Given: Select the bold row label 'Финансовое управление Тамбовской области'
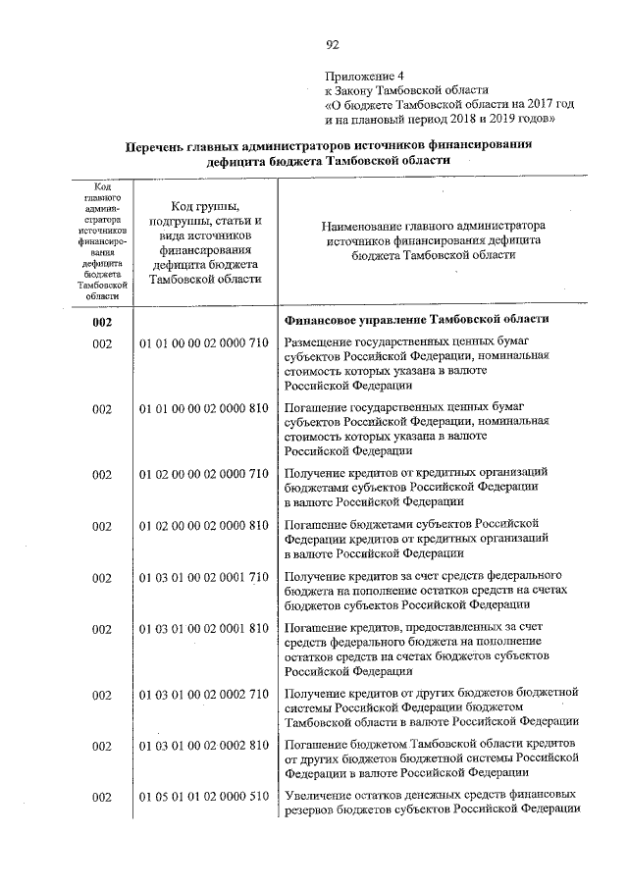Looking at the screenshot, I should (x=416, y=320).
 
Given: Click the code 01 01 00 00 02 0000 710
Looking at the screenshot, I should (x=203, y=343).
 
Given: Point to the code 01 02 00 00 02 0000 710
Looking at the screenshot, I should (x=203, y=474).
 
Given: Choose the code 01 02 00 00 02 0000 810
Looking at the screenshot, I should (x=203, y=526).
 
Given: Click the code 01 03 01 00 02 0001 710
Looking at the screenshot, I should (x=203, y=578).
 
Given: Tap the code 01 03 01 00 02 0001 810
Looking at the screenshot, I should (x=203, y=629).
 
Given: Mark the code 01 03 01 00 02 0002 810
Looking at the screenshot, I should (x=203, y=747).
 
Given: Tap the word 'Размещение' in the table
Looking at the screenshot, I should (x=320, y=342).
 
